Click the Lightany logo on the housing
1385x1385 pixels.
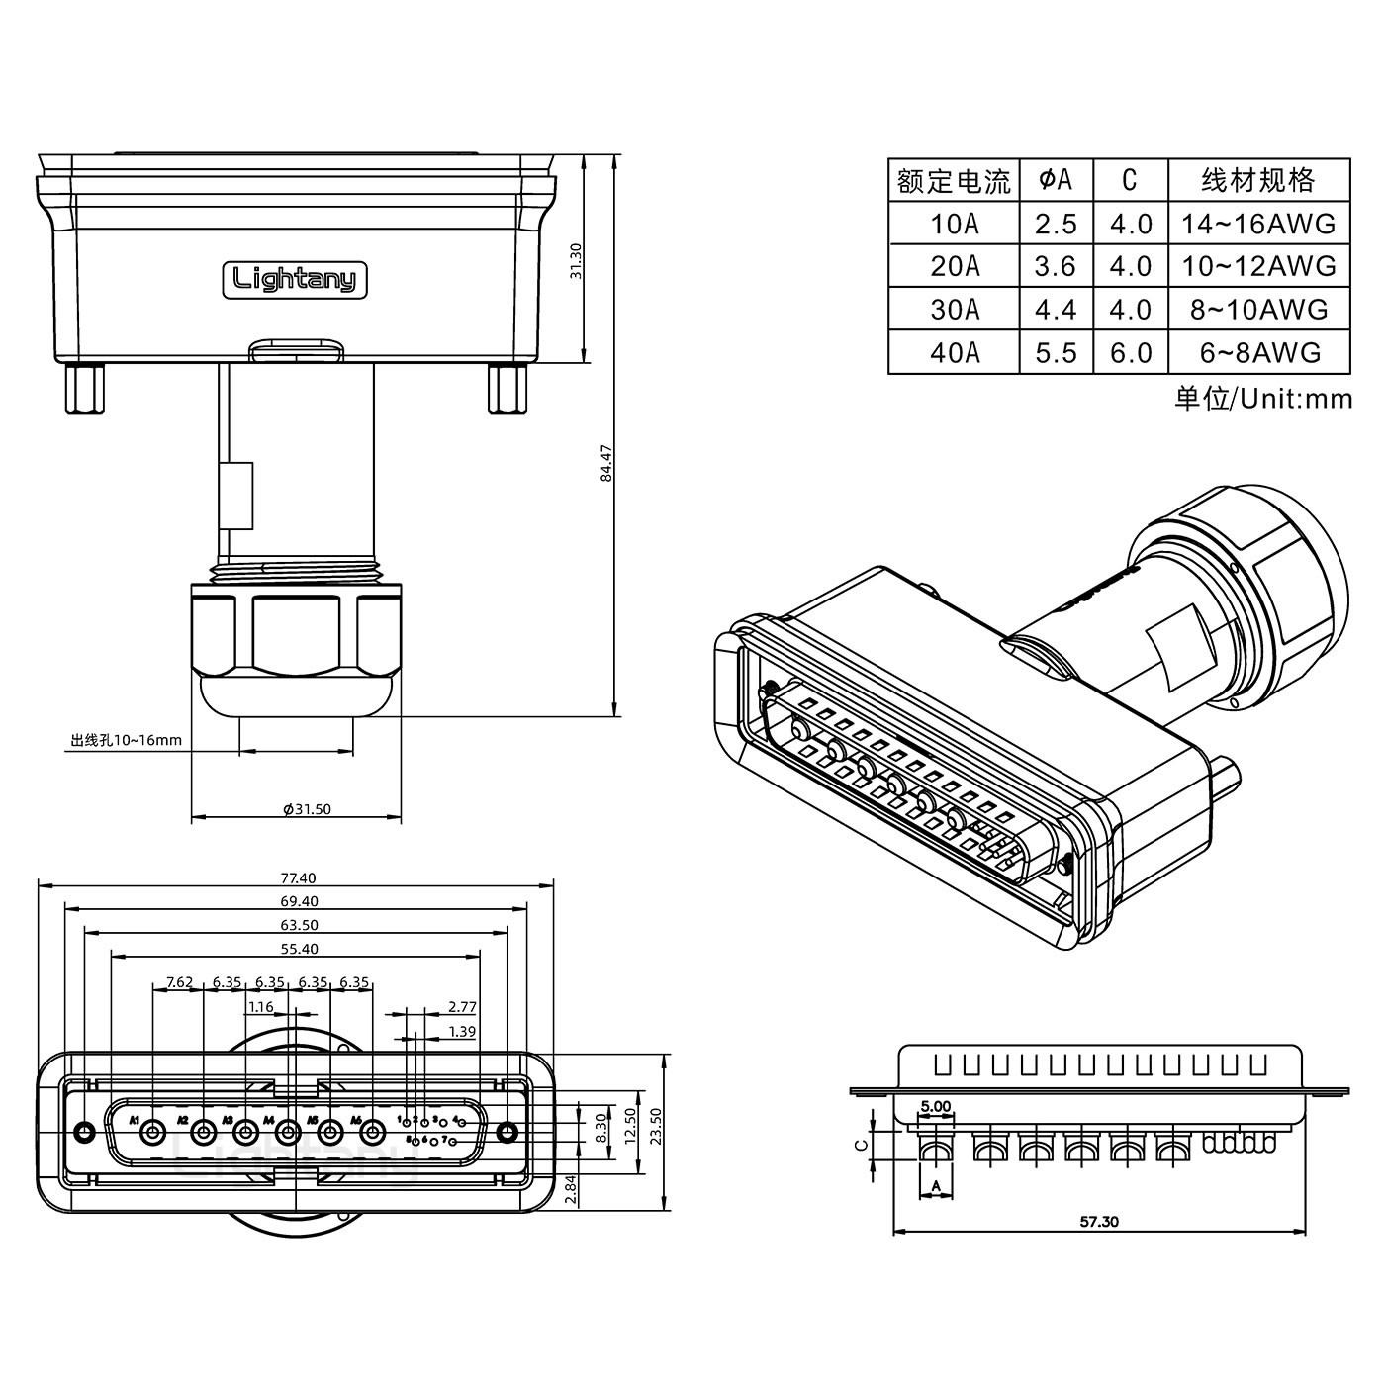point(294,278)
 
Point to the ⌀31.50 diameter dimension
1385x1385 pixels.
point(307,809)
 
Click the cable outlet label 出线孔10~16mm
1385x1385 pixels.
point(126,740)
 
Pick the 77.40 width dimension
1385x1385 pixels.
point(298,877)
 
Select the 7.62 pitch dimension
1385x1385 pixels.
point(179,982)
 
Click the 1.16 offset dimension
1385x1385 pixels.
point(261,1007)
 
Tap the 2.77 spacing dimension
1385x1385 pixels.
point(462,1007)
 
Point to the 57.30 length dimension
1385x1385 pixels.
point(1098,1222)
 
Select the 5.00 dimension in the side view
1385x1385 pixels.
point(935,1106)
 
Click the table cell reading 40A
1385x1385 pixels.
point(954,353)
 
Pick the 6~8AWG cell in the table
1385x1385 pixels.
point(1257,353)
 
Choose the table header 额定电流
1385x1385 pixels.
point(954,181)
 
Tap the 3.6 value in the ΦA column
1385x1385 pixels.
point(1055,266)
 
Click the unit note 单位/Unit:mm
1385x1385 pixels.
point(1262,399)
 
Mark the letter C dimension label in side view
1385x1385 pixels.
point(861,1145)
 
